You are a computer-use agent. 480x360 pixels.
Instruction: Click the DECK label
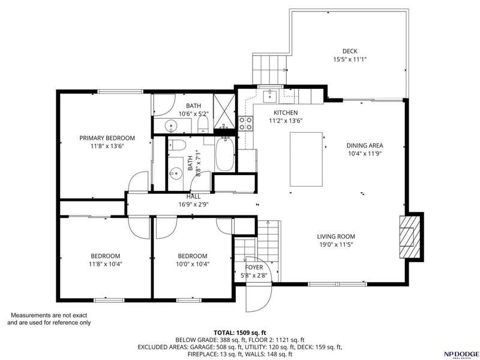(350, 51)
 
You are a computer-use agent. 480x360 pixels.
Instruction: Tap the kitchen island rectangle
(306, 159)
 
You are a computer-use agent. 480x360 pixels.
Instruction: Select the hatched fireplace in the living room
(410, 237)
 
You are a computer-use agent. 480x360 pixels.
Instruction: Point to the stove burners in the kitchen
(245, 123)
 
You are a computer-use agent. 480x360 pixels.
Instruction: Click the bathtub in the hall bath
(225, 154)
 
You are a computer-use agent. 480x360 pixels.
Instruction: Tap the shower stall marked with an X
(224, 111)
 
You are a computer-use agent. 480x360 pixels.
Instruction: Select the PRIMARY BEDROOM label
(107, 138)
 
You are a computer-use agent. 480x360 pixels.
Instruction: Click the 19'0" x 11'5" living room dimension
(336, 245)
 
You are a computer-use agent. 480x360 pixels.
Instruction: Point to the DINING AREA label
(365, 146)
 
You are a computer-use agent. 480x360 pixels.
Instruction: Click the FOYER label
(254, 268)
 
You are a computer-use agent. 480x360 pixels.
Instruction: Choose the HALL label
(193, 197)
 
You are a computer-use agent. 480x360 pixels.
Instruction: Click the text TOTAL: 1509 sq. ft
(240, 333)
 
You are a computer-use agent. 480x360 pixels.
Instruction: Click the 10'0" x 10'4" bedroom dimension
(193, 264)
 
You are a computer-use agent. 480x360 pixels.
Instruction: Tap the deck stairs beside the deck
(269, 70)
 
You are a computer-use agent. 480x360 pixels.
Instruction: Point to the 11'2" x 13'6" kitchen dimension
(286, 121)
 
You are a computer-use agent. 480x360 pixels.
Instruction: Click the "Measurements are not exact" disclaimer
(49, 315)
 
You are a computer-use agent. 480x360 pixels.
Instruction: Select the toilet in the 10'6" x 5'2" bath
(203, 125)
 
